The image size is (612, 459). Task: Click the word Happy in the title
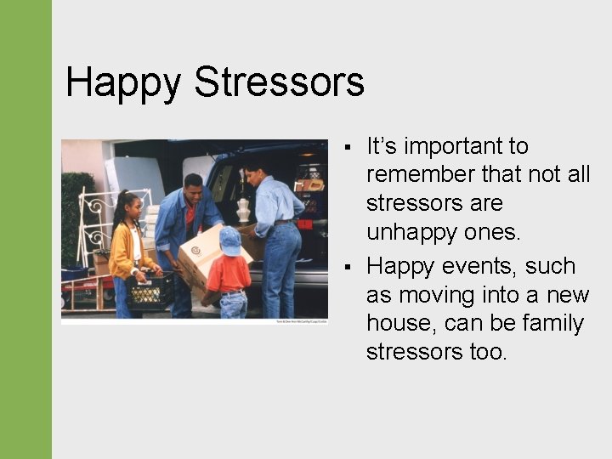[123, 83]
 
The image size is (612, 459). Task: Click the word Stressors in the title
[279, 83]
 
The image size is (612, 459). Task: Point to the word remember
[421, 175]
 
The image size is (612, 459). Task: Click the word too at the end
[487, 352]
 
